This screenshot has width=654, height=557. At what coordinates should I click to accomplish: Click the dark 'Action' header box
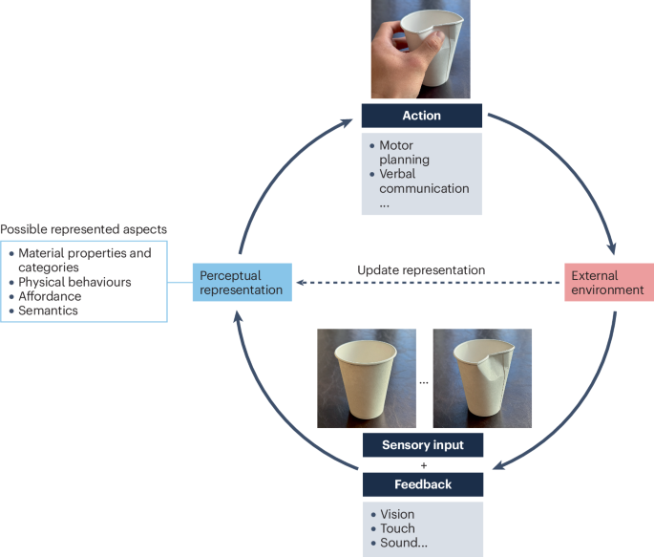tap(421, 116)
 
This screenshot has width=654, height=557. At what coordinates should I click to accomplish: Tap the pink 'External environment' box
tap(607, 283)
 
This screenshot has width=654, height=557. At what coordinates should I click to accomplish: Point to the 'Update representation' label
tap(421, 270)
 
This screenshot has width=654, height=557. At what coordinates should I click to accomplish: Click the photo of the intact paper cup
tap(366, 377)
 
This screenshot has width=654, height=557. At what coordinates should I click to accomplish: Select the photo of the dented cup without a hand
tap(476, 377)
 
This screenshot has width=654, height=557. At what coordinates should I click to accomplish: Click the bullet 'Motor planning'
tap(407, 153)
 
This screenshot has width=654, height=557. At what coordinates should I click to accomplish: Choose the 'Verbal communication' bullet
tap(424, 181)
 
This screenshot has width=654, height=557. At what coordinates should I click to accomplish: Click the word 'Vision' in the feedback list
tap(397, 514)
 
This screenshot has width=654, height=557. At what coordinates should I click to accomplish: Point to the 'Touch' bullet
tap(396, 528)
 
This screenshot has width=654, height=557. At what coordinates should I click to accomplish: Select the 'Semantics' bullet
tap(51, 311)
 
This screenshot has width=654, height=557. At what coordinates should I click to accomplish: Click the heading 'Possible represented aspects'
tap(83, 230)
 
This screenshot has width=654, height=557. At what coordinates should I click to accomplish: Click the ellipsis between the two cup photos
tap(423, 380)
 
